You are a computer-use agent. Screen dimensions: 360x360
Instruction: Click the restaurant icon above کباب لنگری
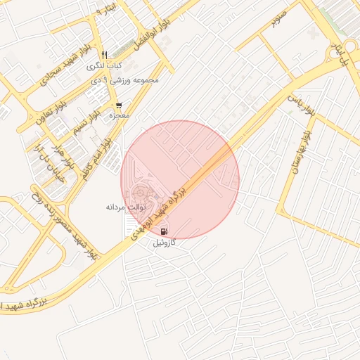click(105, 55)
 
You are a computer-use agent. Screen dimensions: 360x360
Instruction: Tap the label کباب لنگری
click(105, 66)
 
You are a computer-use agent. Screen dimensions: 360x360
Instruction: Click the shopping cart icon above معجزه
click(119, 105)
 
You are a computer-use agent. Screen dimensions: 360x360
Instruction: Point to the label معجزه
click(117, 115)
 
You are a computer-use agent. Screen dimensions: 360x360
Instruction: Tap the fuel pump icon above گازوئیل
click(164, 231)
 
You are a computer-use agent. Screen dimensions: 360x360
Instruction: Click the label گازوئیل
click(165, 243)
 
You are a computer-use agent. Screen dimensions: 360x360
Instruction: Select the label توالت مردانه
click(125, 207)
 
